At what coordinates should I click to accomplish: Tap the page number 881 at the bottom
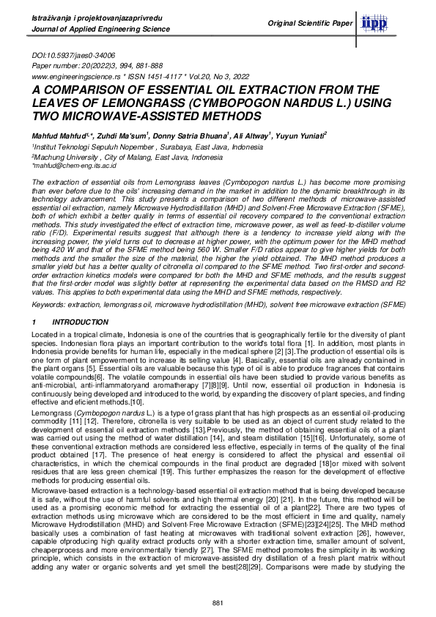217,602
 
